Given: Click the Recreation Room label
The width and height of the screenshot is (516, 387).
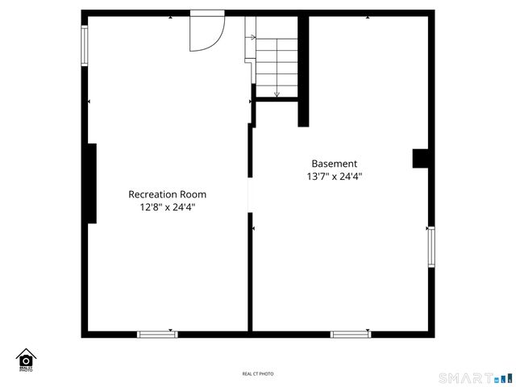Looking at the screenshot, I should pos(167,194).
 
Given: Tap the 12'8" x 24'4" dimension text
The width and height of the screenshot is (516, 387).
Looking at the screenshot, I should pos(167,207).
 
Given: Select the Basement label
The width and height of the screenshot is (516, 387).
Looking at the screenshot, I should pos(334,164).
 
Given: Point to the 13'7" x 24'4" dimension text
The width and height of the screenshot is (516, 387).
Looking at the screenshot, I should pos(334,177).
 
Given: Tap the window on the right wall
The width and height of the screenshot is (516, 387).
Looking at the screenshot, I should pos(431,247).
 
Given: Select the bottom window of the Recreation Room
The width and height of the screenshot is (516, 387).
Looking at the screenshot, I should pos(157,334).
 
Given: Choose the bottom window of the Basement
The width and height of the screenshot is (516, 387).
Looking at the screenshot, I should pos(351,334).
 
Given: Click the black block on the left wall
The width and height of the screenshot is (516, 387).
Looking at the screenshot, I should pos(92,183).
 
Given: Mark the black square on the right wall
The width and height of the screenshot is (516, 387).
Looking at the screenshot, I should pos(421,158).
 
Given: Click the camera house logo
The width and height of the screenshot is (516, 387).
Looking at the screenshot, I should pos(26,360).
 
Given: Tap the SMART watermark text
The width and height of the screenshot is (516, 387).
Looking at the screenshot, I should pos(464,377).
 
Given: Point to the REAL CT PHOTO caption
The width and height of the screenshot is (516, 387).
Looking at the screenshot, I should pos(258,374).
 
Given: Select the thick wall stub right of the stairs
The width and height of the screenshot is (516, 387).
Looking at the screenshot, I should pos(303,73).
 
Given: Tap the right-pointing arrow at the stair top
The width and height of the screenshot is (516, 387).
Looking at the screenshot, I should pos(252,37).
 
